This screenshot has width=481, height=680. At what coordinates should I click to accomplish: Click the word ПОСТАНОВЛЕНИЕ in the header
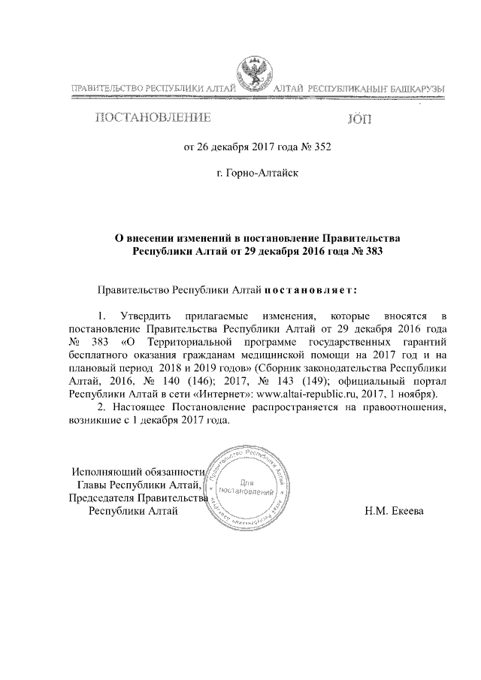(x=153, y=117)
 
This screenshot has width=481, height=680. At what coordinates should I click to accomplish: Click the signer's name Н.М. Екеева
(x=394, y=512)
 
